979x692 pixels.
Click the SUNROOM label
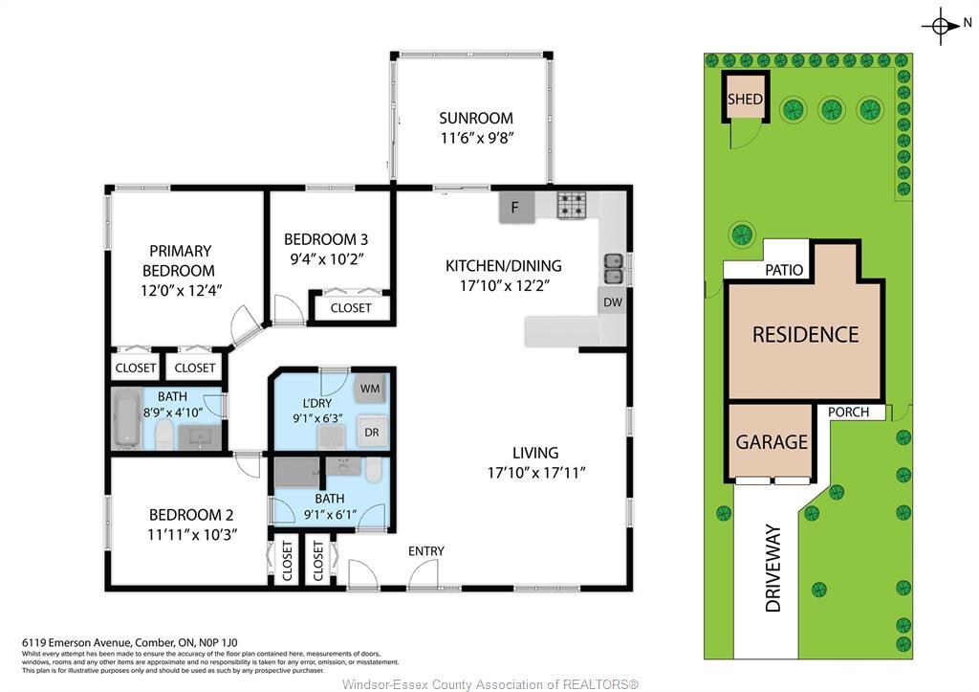coord(476,118)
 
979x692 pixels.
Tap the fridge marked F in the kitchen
coord(516,207)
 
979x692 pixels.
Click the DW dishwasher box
coord(613,301)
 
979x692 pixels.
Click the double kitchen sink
coord(613,269)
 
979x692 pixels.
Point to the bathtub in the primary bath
coord(126,418)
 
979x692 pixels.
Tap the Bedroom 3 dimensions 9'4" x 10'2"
coord(325,258)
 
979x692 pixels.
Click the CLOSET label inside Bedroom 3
coord(351,308)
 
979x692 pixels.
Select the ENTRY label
coord(425,550)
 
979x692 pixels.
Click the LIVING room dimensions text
coord(535,472)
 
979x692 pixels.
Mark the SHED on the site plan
coord(745,99)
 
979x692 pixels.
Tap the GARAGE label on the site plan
coord(772,442)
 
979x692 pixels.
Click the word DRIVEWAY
coord(773,568)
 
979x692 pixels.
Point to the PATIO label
coord(783,271)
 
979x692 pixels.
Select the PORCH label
coord(848,413)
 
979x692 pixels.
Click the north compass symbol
coord(941,26)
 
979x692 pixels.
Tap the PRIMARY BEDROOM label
coord(179,260)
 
